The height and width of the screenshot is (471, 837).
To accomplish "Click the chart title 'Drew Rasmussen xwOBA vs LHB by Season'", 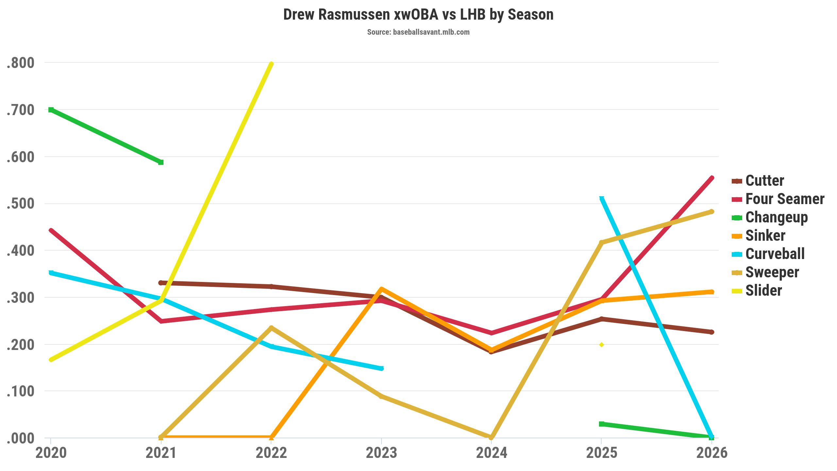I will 418,15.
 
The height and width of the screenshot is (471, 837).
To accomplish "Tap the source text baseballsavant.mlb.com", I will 418,32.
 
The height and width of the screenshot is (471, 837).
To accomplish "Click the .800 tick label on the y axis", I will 20,63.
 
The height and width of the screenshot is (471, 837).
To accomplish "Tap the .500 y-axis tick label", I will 20,203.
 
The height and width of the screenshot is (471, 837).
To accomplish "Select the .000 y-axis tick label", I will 20,438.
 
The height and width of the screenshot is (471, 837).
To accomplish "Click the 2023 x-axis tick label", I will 381,453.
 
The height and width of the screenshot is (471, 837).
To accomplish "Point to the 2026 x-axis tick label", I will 712,453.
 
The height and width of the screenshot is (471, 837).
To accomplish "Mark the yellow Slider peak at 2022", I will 271,64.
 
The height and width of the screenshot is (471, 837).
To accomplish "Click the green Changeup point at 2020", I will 51,110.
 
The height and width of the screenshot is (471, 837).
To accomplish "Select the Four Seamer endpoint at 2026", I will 711,178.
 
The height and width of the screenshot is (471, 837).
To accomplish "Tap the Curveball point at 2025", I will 602,198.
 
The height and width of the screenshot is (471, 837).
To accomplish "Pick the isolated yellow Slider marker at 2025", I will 602,345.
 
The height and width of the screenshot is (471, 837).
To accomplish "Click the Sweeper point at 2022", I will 271,328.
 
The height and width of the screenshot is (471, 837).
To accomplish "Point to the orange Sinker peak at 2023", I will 381,289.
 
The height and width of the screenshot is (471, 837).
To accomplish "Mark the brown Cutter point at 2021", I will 161,283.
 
